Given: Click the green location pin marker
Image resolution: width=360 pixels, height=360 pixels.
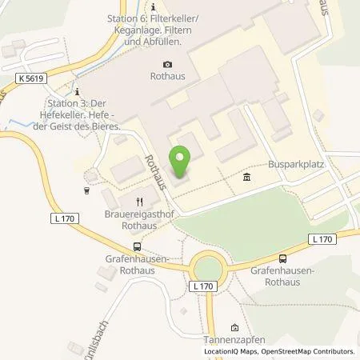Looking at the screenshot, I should pos(180,161).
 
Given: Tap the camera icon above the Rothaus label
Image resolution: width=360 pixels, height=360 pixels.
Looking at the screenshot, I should pos(167,65).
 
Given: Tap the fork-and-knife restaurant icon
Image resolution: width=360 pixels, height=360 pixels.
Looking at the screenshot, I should pos(139,202).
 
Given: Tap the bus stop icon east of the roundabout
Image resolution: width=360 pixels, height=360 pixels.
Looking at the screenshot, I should pos(282,258).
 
